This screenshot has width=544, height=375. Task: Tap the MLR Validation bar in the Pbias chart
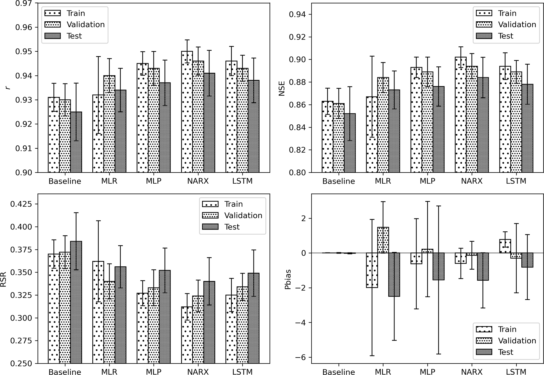(383, 240)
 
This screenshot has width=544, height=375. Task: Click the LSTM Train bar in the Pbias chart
(505, 246)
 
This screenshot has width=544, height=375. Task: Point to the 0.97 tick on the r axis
(23, 3)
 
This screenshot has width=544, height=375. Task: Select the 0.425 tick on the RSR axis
(20, 204)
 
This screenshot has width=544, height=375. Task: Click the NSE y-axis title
(282, 88)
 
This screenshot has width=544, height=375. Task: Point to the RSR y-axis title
(3, 279)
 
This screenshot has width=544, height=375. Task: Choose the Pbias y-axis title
(288, 279)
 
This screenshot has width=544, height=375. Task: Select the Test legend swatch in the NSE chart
(484, 36)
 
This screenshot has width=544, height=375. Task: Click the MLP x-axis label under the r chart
(154, 181)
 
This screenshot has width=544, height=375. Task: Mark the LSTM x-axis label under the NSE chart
(516, 181)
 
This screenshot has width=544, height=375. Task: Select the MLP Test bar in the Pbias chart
(438, 266)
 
